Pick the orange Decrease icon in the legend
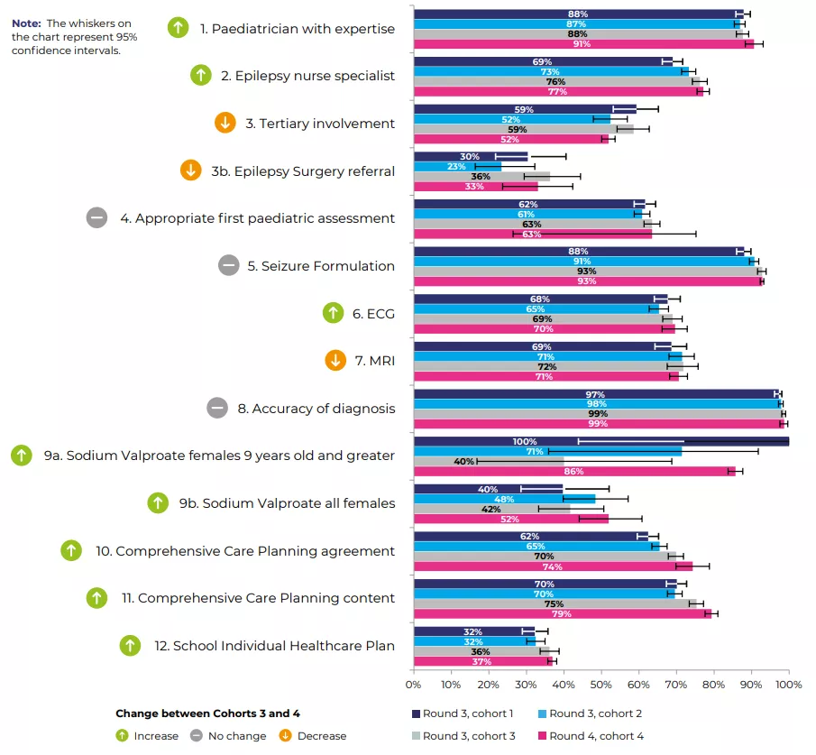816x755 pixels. pyautogui.click(x=286, y=736)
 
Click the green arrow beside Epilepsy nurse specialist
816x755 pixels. pyautogui.click(x=200, y=75)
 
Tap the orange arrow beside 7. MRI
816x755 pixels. pyautogui.click(x=335, y=361)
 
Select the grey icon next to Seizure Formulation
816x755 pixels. pyautogui.click(x=228, y=265)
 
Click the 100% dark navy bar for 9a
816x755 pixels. pyautogui.click(x=601, y=441)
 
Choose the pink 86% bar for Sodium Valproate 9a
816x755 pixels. pyautogui.click(x=574, y=471)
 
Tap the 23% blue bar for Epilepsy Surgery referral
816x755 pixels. pyautogui.click(x=457, y=166)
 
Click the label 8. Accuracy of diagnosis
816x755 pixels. pyautogui.click(x=315, y=409)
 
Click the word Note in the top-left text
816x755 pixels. pyautogui.click(x=26, y=23)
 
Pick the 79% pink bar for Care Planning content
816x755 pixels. pyautogui.click(x=562, y=613)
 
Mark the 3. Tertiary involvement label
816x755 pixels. pyautogui.click(x=320, y=124)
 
